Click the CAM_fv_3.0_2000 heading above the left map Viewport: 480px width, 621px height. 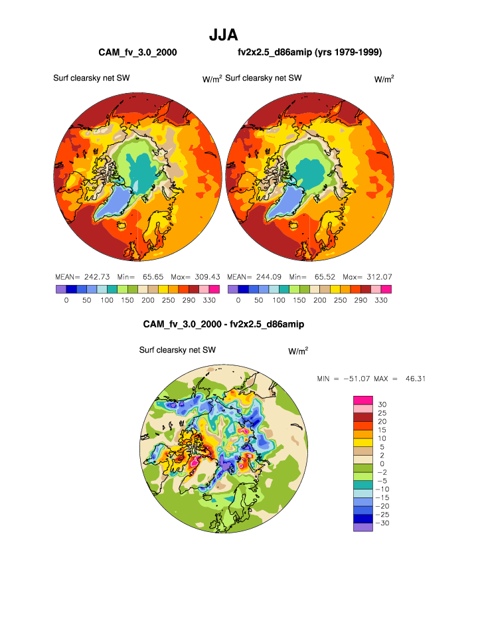click(137, 52)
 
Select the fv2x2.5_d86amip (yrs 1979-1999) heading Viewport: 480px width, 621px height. click(309, 52)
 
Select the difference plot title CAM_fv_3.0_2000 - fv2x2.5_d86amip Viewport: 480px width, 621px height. click(224, 324)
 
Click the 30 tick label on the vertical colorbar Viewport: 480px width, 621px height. click(382, 404)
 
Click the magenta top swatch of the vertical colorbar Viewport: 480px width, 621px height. click(363, 400)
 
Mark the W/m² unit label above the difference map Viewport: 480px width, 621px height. click(298, 351)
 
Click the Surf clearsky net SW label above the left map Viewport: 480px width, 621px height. click(91, 78)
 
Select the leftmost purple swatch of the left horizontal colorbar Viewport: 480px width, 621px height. click(61, 290)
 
